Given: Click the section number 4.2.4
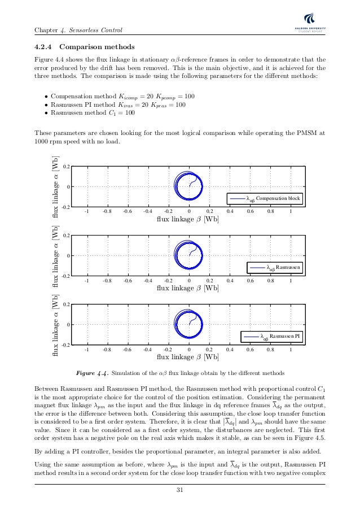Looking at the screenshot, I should pyautogui.click(x=44, y=47).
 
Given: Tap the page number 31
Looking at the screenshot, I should pyautogui.click(x=180, y=489).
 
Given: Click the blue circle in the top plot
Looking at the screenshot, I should pyautogui.click(x=188, y=186).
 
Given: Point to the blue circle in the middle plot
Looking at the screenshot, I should pyautogui.click(x=188, y=255).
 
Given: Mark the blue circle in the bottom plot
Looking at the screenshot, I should pyautogui.click(x=188, y=324).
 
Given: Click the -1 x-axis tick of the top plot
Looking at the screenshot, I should pyautogui.click(x=86, y=212).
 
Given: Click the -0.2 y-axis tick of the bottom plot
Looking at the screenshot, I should pyautogui.click(x=66, y=345).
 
